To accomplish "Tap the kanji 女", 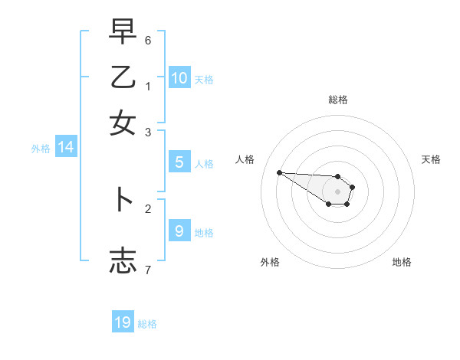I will point(123,123).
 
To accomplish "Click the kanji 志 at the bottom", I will point(123,260).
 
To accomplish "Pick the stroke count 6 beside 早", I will point(148,39).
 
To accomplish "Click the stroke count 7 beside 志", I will point(148,269).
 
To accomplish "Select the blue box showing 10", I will point(179,77).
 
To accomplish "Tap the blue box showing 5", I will point(179,162).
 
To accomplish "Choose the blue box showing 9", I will point(179,231).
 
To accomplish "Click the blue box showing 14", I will point(66,148).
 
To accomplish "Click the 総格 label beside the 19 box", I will point(147,324).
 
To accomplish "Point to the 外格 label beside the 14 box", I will point(41,149).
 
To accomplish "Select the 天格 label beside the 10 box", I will point(204,80).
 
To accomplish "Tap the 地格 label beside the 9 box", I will point(204,233).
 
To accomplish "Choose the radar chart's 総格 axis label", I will point(338,100).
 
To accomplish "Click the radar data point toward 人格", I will point(280,172).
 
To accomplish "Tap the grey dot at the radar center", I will point(337,191).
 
